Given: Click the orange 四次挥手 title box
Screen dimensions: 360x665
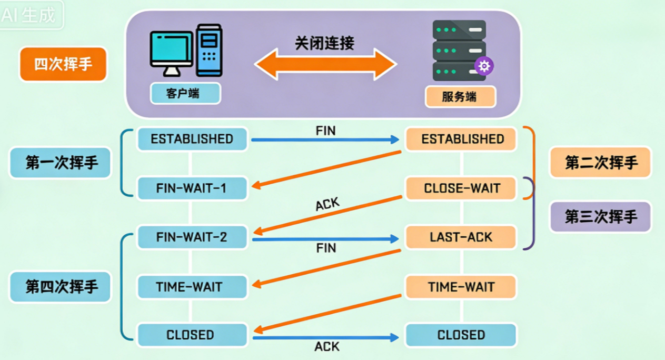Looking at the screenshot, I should tap(63, 64).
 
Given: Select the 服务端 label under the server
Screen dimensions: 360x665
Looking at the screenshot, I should tap(460, 97).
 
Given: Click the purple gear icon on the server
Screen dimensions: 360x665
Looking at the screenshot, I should tap(484, 66).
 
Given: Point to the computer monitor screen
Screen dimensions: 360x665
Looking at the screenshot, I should tap(171, 48).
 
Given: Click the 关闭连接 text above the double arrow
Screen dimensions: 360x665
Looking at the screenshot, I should tap(324, 43).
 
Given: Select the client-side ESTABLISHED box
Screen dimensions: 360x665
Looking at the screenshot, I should tap(192, 139).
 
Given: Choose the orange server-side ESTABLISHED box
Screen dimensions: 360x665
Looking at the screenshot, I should tap(462, 139).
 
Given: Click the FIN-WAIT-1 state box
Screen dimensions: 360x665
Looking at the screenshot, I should tap(192, 188).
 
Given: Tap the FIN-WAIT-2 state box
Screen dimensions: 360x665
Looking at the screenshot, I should tap(192, 237).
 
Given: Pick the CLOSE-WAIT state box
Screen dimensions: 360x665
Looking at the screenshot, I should tap(462, 188).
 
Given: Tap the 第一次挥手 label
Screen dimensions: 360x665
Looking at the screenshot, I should tap(62, 163).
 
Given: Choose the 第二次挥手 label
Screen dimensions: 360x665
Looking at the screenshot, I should tap(601, 163).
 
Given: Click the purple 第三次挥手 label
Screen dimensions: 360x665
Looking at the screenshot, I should tap(601, 216).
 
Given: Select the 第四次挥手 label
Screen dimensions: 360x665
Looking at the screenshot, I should tap(62, 287).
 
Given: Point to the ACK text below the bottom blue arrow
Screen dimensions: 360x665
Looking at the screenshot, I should tap(327, 347).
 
